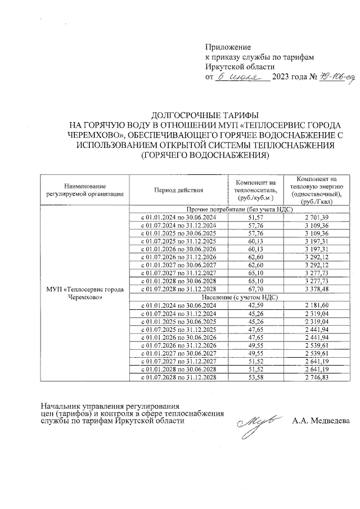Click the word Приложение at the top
click(x=228, y=47)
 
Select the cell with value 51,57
click(x=255, y=217)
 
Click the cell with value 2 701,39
click(x=317, y=217)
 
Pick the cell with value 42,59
click(x=255, y=304)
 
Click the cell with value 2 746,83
click(x=317, y=377)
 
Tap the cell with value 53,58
click(x=255, y=377)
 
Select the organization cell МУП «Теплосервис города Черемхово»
click(x=85, y=293)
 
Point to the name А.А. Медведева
click(x=321, y=421)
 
